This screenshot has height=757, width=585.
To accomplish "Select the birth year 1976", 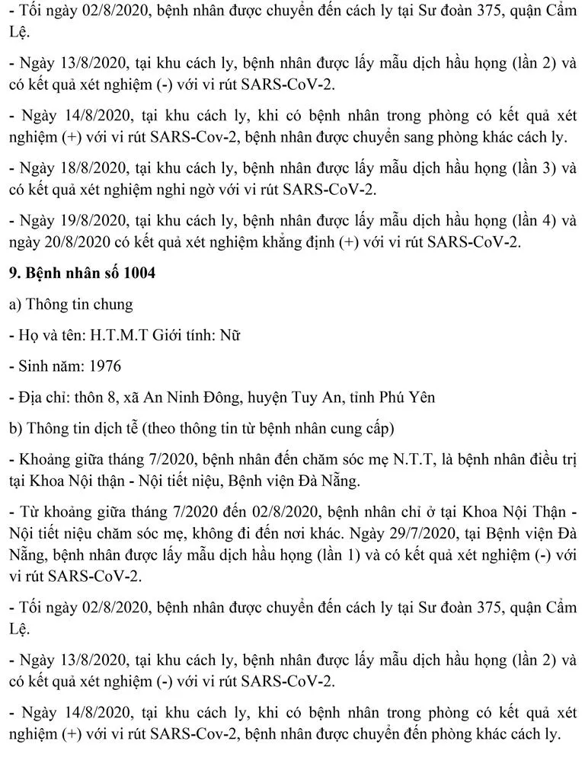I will tap(104, 366).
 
